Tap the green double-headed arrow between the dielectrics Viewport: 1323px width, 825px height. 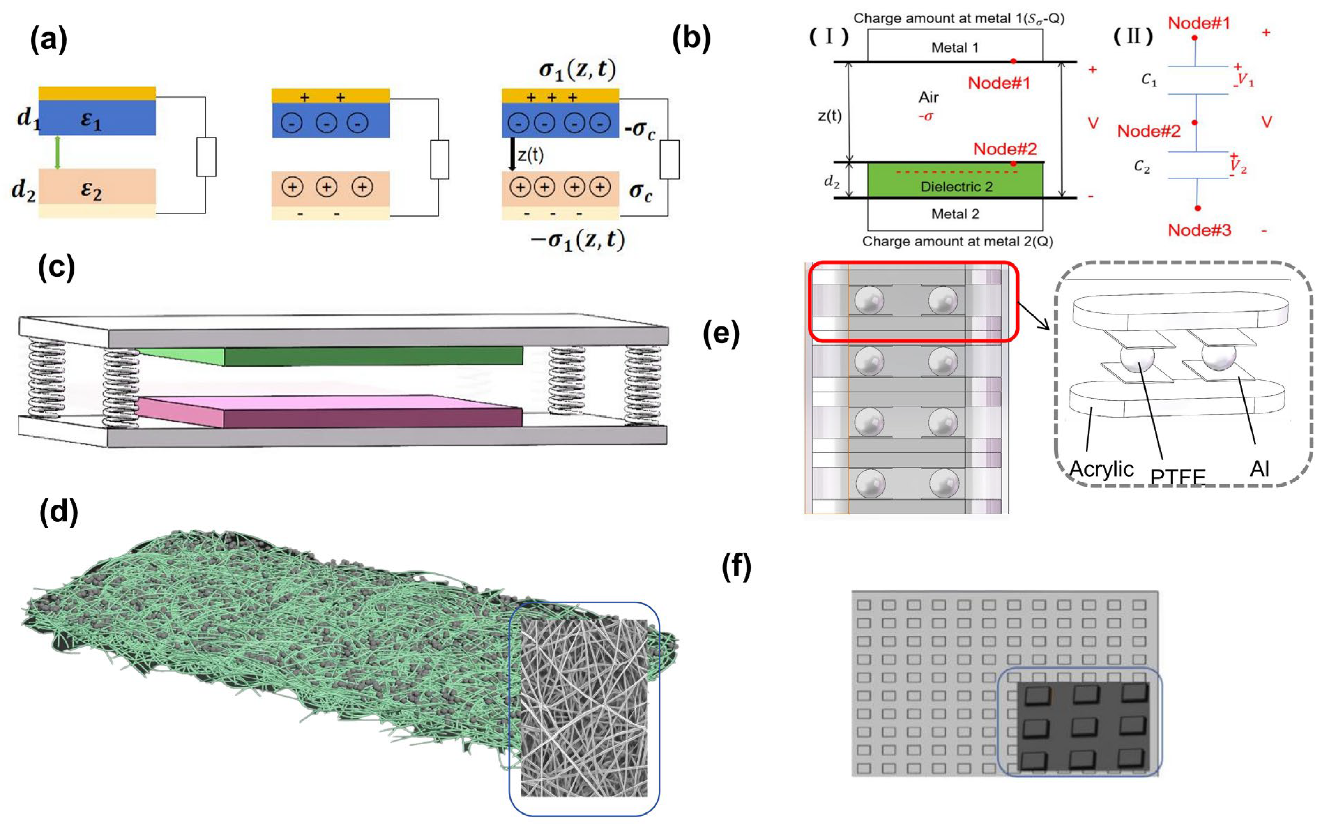pos(57,152)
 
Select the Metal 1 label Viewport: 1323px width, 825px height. pos(955,47)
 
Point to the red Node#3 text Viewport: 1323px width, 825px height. pos(1199,230)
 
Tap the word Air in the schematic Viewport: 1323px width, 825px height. pos(928,97)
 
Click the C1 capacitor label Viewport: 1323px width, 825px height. pos(1149,80)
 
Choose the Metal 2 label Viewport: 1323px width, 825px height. pos(955,214)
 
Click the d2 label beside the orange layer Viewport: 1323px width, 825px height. pos(23,190)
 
